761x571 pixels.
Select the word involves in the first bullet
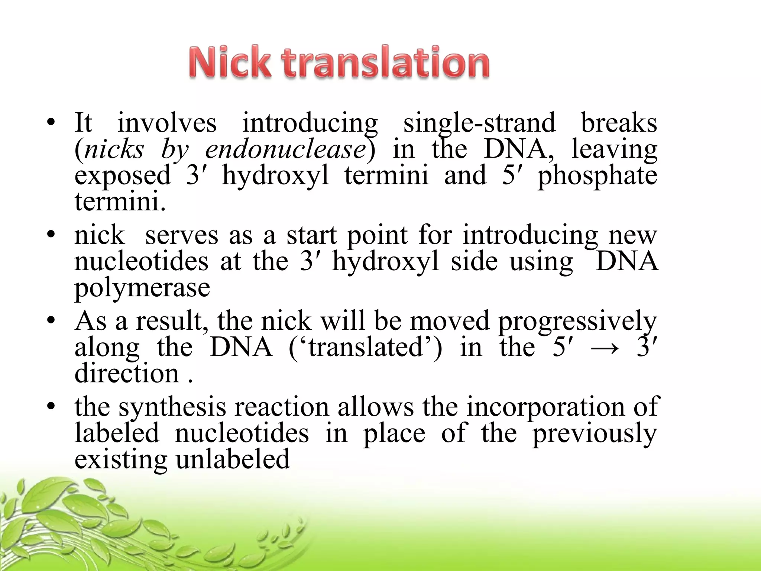pyautogui.click(x=167, y=123)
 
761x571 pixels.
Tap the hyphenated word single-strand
pyautogui.click(x=479, y=124)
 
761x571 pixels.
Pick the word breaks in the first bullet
pyautogui.click(x=619, y=123)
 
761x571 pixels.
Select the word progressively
pyautogui.click(x=577, y=322)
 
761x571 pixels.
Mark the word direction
pyautogui.click(x=127, y=373)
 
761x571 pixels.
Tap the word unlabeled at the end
pyautogui.click(x=233, y=459)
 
